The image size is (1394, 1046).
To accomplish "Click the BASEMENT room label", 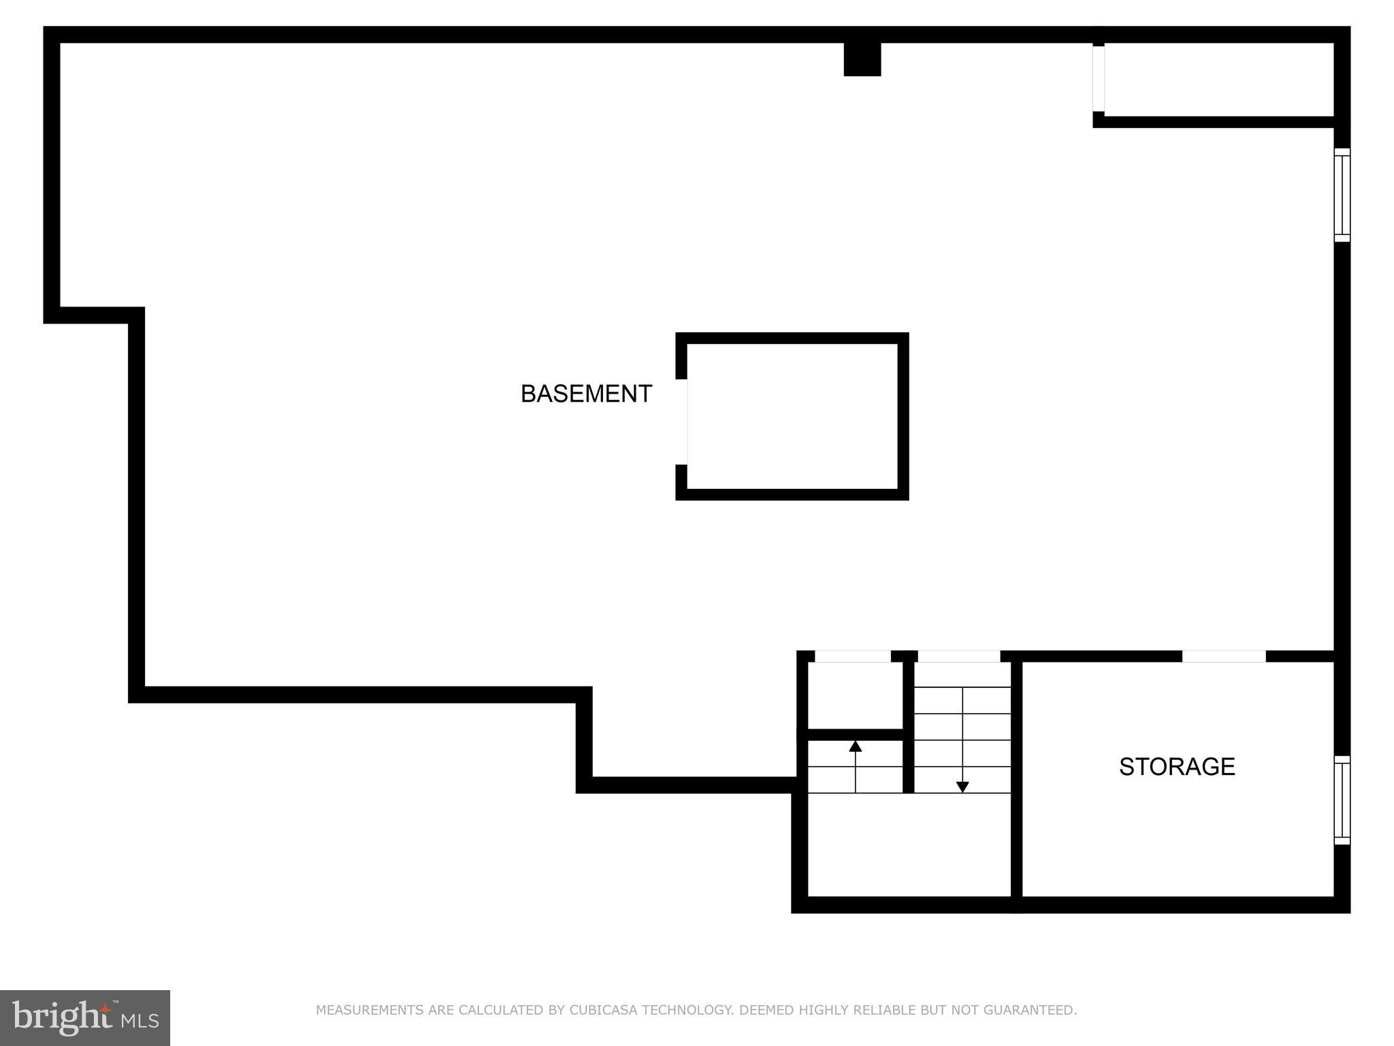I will [x=586, y=394].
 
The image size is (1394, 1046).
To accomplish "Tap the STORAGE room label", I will [x=1177, y=767].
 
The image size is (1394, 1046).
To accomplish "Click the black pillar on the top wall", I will [x=862, y=59].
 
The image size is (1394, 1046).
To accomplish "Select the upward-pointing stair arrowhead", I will [x=856, y=746].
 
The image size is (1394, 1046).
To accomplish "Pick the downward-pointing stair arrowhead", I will [x=962, y=787].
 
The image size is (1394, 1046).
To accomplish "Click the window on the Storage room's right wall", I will [x=1342, y=800].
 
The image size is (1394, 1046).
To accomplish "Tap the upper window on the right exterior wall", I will [x=1342, y=195].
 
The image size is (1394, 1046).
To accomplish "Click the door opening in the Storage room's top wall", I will [x=1224, y=656].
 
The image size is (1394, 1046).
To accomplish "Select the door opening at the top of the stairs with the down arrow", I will [x=959, y=656].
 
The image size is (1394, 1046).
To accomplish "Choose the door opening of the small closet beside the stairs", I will [x=853, y=656].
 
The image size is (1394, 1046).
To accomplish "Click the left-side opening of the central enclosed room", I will [x=682, y=422].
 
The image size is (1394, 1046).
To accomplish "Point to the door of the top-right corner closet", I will [x=1099, y=78].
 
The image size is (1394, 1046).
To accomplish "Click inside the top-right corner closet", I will [x=1218, y=80].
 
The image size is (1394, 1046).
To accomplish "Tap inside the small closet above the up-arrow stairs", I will [x=855, y=695].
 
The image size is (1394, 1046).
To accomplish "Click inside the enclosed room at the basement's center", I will [x=793, y=417].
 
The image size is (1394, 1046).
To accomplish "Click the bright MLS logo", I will [x=85, y=1018].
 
